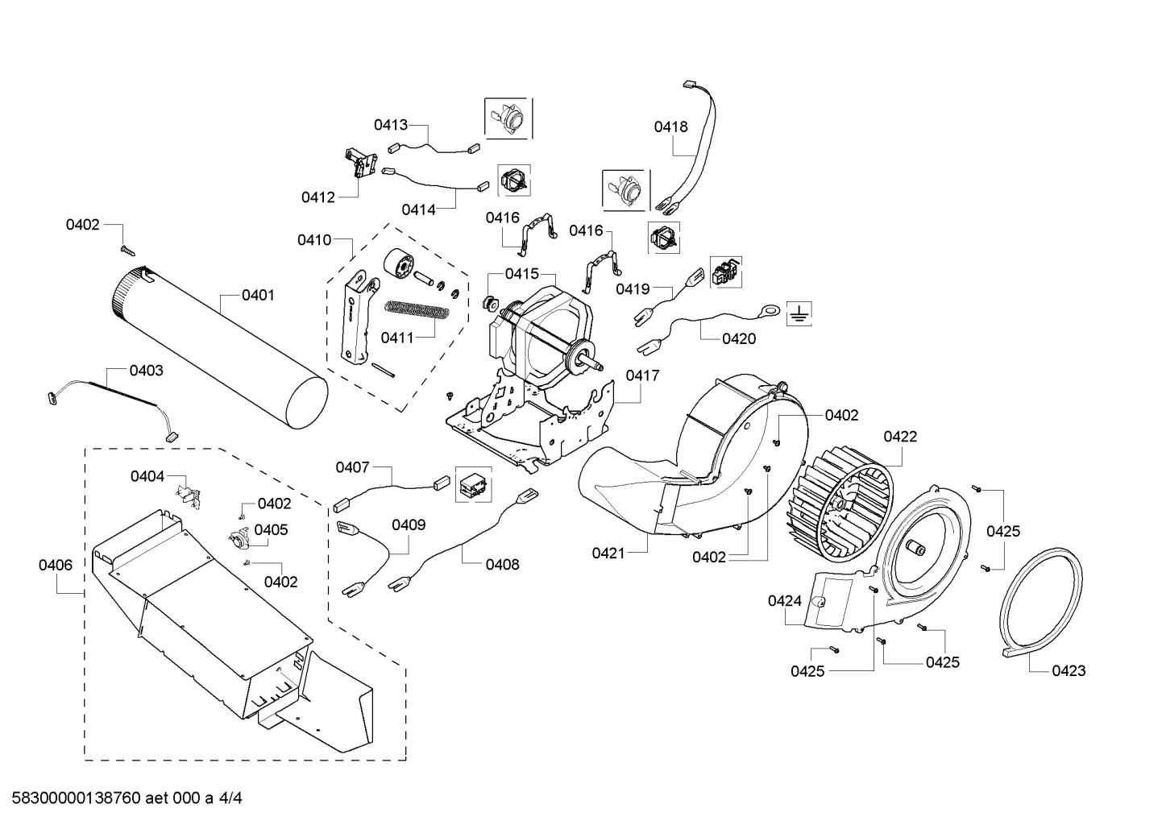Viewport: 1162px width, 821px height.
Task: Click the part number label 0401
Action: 258,296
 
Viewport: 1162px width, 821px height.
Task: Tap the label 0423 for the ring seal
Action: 1069,670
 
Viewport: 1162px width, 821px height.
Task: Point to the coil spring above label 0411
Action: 414,309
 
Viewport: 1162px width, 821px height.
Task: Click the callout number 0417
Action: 641,375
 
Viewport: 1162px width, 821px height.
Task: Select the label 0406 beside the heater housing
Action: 56,565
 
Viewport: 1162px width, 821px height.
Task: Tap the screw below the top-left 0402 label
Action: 125,250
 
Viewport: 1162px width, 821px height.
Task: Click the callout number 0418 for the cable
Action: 670,126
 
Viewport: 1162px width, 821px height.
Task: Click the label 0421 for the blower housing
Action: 608,553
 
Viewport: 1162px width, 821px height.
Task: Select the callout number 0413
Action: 390,125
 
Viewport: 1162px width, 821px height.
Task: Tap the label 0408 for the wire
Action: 502,564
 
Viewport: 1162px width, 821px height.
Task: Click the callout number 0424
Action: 784,600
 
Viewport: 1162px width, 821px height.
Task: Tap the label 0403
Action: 146,371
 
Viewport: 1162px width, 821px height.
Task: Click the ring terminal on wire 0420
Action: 770,308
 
